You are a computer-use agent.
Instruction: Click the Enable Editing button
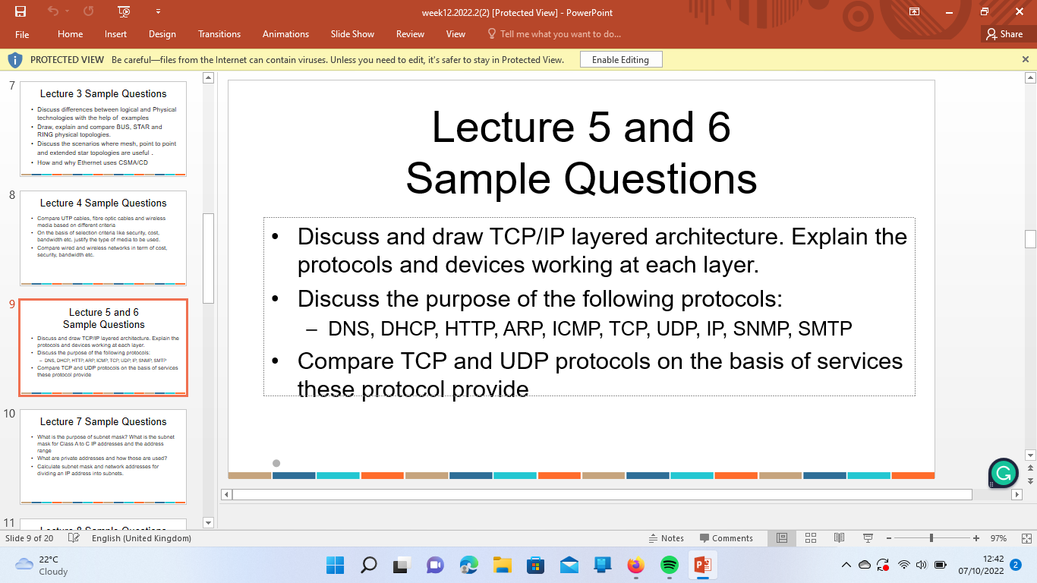click(620, 59)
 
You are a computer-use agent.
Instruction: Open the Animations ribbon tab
click(285, 34)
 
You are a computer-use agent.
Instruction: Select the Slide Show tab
click(352, 34)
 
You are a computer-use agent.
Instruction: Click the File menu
click(22, 34)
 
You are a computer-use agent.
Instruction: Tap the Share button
click(1004, 34)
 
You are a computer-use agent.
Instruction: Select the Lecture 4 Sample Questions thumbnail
click(103, 238)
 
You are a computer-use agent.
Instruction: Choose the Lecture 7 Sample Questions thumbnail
click(103, 456)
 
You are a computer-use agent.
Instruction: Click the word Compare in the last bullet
click(343, 361)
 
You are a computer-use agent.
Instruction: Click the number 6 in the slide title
click(717, 127)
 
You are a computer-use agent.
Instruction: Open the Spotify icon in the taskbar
click(669, 565)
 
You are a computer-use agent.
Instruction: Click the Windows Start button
click(335, 565)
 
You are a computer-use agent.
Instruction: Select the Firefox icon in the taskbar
click(635, 565)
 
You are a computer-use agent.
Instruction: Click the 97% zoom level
click(998, 538)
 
